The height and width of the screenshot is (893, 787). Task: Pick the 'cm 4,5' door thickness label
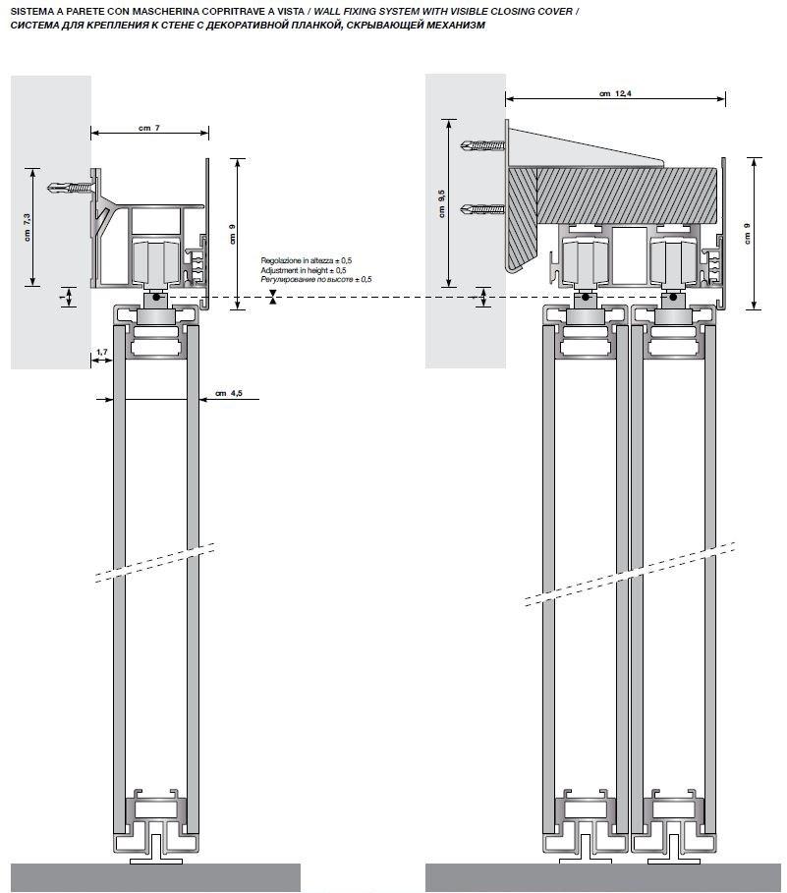(x=228, y=395)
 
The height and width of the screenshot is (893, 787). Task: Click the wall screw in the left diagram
(x=75, y=186)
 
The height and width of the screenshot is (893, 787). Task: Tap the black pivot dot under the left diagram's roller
(x=155, y=297)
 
